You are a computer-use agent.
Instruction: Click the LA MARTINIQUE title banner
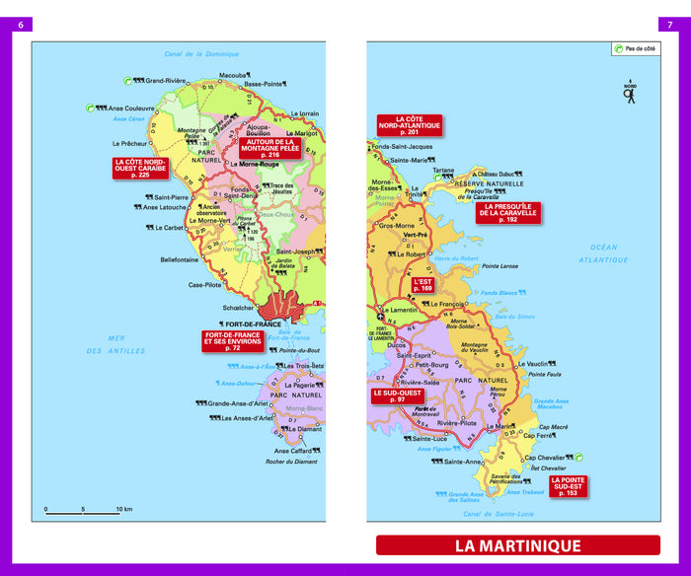(x=517, y=545)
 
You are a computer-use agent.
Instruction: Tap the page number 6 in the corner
(x=20, y=25)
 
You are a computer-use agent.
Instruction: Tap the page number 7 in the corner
(x=670, y=25)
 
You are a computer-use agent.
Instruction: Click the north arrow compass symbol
(x=630, y=92)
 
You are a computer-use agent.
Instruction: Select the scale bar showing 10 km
(x=84, y=511)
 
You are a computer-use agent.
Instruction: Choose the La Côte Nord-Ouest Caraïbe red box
(x=140, y=169)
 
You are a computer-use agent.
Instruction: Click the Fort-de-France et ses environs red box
(x=232, y=341)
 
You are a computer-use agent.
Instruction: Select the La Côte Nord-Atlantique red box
(x=409, y=126)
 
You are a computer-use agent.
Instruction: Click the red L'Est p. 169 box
(x=423, y=286)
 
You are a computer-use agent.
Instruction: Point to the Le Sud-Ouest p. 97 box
(x=397, y=396)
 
